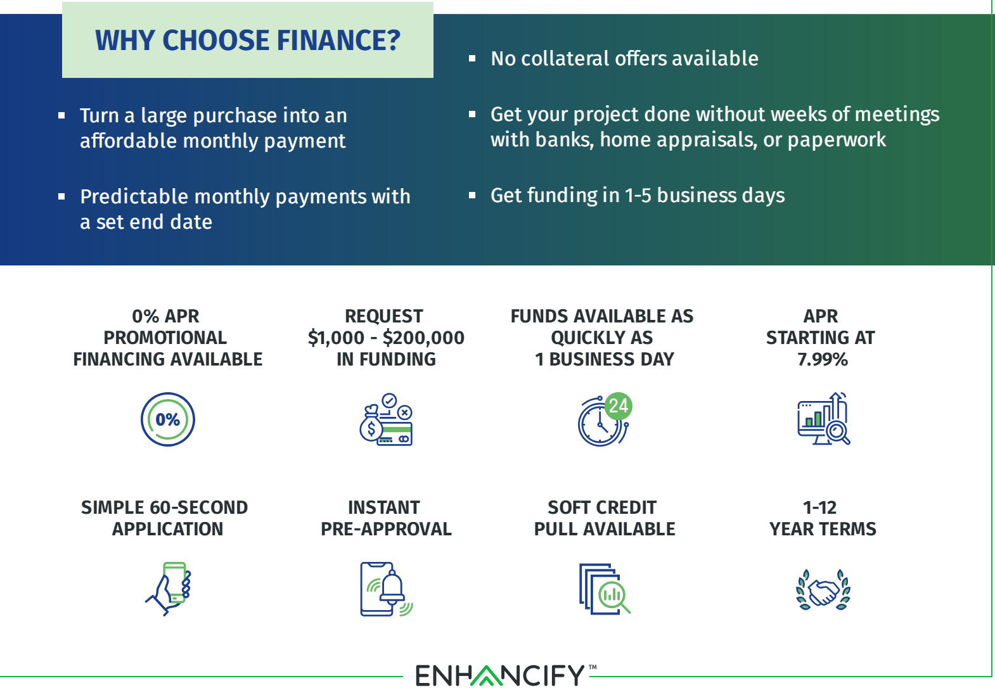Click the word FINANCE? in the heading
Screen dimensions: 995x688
pos(338,41)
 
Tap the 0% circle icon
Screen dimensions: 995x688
pos(168,419)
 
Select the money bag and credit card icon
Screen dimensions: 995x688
pos(385,419)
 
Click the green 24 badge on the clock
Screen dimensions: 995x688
pos(619,406)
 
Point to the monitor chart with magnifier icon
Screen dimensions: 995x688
pos(823,418)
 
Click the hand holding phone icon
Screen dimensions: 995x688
pos(169,589)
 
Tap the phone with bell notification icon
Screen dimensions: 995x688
pos(387,589)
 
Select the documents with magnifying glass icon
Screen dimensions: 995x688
pos(605,589)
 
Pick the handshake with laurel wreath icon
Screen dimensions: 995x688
pos(823,589)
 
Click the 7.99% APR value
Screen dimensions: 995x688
pos(823,359)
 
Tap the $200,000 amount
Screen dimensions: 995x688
pos(423,338)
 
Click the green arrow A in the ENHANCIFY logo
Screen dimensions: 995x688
pos(487,675)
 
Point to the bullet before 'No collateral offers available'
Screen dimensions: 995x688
pos(472,59)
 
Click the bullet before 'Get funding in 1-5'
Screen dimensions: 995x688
pos(472,195)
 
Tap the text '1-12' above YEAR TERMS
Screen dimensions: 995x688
pos(819,507)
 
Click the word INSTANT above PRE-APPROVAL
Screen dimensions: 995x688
pos(384,507)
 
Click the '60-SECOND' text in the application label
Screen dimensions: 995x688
pos(198,507)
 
